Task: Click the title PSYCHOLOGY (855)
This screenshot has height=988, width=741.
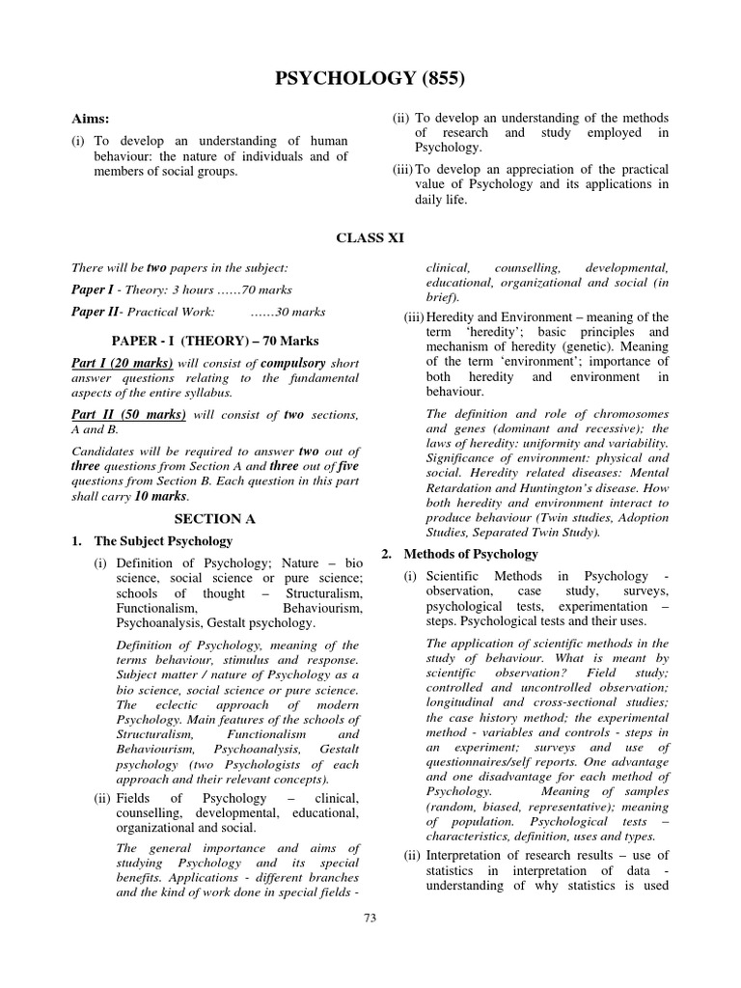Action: (370, 78)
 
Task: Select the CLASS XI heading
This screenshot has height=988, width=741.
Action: (370, 235)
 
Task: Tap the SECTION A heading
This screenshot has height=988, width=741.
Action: (214, 518)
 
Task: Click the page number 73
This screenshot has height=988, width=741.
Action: (370, 918)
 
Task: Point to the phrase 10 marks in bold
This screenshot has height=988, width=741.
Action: (156, 496)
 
